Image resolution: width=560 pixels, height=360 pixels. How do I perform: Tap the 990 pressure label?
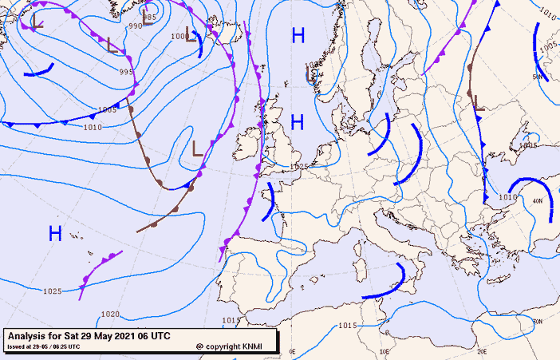click(136, 26)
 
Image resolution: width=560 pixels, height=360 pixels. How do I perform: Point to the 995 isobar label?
click(126, 72)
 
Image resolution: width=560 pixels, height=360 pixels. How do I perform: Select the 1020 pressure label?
click(110, 314)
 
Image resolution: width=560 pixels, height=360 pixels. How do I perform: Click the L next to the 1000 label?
click(191, 34)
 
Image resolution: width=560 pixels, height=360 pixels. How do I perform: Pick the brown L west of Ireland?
click(197, 148)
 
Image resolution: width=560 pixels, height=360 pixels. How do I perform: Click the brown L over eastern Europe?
click(478, 102)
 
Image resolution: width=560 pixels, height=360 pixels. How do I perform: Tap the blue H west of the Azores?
click(55, 233)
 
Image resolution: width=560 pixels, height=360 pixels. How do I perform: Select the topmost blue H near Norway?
click(298, 35)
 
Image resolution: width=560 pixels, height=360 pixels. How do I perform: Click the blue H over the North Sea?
click(297, 122)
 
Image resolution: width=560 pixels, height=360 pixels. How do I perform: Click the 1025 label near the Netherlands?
click(299, 166)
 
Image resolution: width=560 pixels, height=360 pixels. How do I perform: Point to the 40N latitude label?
click(537, 202)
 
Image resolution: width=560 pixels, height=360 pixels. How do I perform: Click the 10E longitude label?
click(385, 351)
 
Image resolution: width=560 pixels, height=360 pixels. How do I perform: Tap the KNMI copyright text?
click(235, 346)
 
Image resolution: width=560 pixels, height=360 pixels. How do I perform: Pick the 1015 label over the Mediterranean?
click(347, 326)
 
